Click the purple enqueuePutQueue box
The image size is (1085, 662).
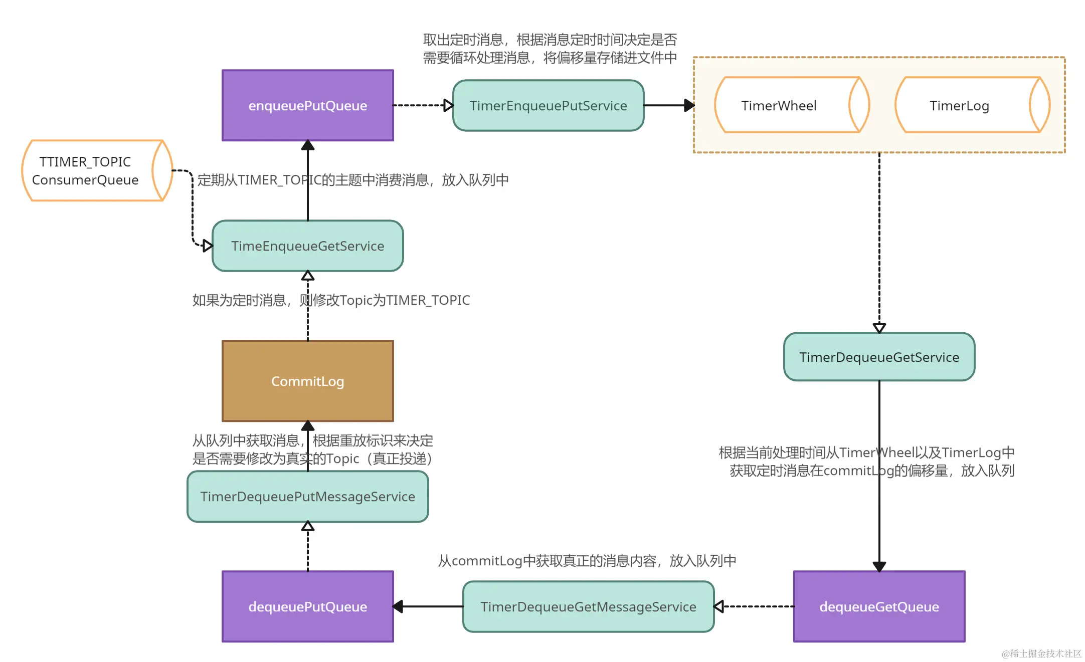click(307, 105)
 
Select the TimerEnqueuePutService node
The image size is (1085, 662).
click(548, 106)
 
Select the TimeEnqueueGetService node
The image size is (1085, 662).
click(307, 246)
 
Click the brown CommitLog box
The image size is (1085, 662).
click(307, 381)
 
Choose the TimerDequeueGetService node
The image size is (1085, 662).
click(878, 357)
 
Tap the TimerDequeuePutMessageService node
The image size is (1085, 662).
click(307, 496)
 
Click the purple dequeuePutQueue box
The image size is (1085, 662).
click(307, 606)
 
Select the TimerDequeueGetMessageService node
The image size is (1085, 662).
click(588, 606)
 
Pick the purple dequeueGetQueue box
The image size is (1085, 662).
click(878, 606)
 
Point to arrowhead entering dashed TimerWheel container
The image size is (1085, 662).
click(689, 105)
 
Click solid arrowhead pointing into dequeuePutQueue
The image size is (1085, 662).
click(399, 606)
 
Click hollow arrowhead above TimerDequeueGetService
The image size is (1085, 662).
click(879, 328)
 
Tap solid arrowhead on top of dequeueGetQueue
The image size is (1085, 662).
click(879, 566)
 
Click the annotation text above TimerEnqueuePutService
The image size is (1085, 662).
click(550, 49)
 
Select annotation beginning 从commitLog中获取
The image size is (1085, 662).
click(587, 560)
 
